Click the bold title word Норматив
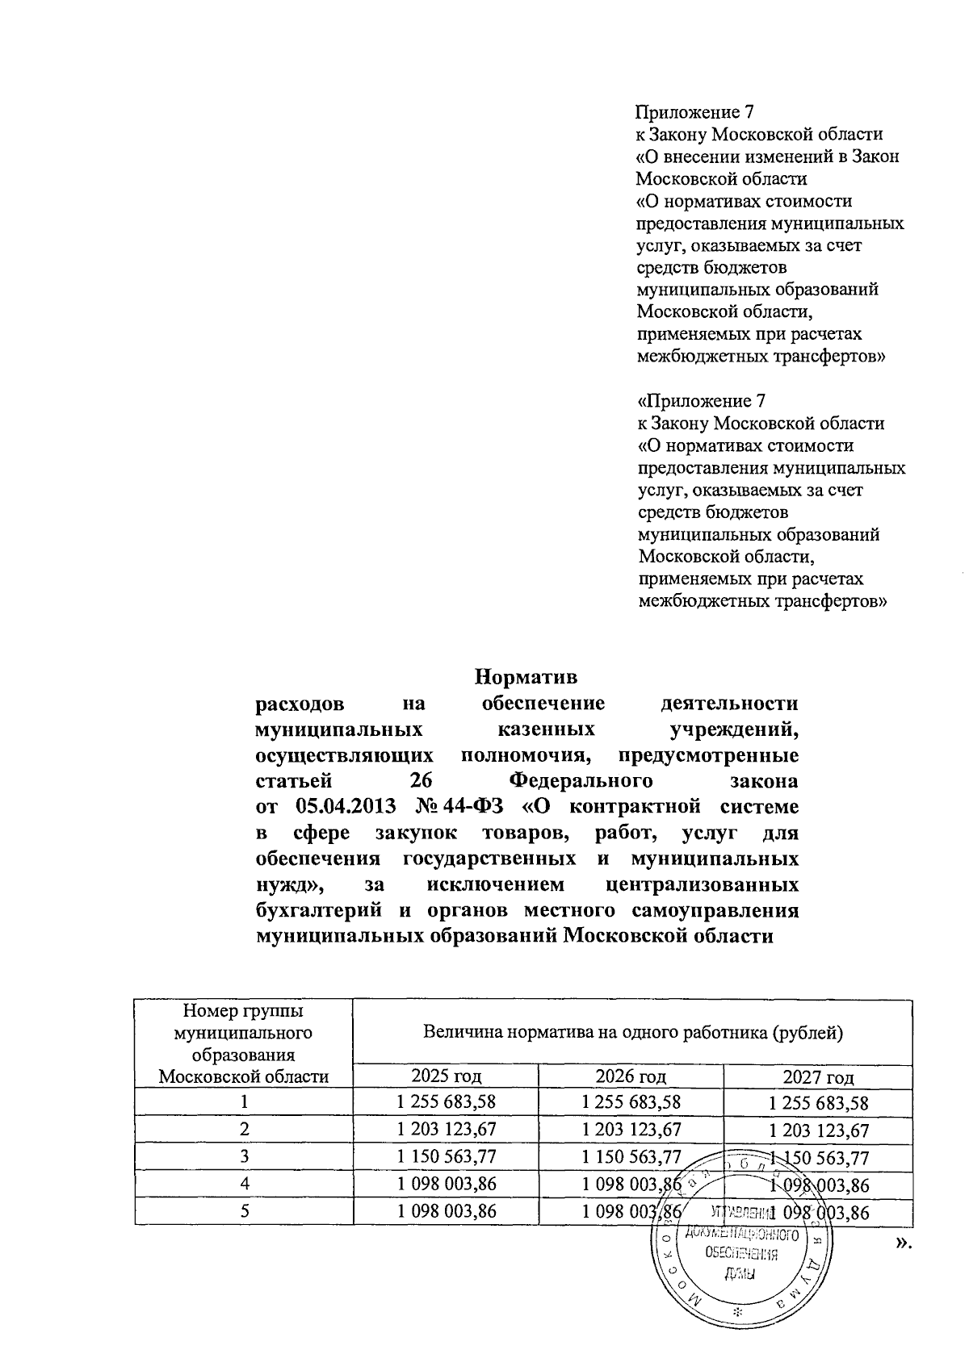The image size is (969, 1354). click(526, 675)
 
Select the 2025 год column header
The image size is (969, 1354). click(446, 1075)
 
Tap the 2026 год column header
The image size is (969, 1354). click(631, 1075)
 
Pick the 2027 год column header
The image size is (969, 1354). click(819, 1076)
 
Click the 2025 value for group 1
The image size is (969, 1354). click(446, 1101)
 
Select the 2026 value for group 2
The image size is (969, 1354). click(631, 1129)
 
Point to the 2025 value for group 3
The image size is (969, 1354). click(446, 1156)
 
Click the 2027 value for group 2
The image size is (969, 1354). click(819, 1130)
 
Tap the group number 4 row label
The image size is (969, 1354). click(243, 1184)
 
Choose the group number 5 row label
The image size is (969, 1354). click(243, 1211)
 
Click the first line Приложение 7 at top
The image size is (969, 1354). click(694, 111)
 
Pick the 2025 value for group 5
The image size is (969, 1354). click(446, 1211)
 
